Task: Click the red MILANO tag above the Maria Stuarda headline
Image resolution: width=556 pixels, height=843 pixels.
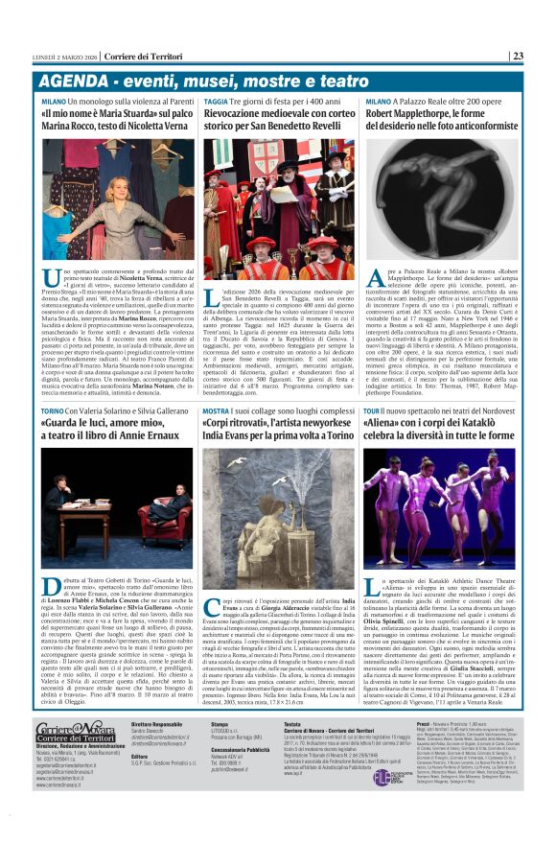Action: coord(54,100)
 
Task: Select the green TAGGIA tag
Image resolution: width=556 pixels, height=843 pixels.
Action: coord(217,100)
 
